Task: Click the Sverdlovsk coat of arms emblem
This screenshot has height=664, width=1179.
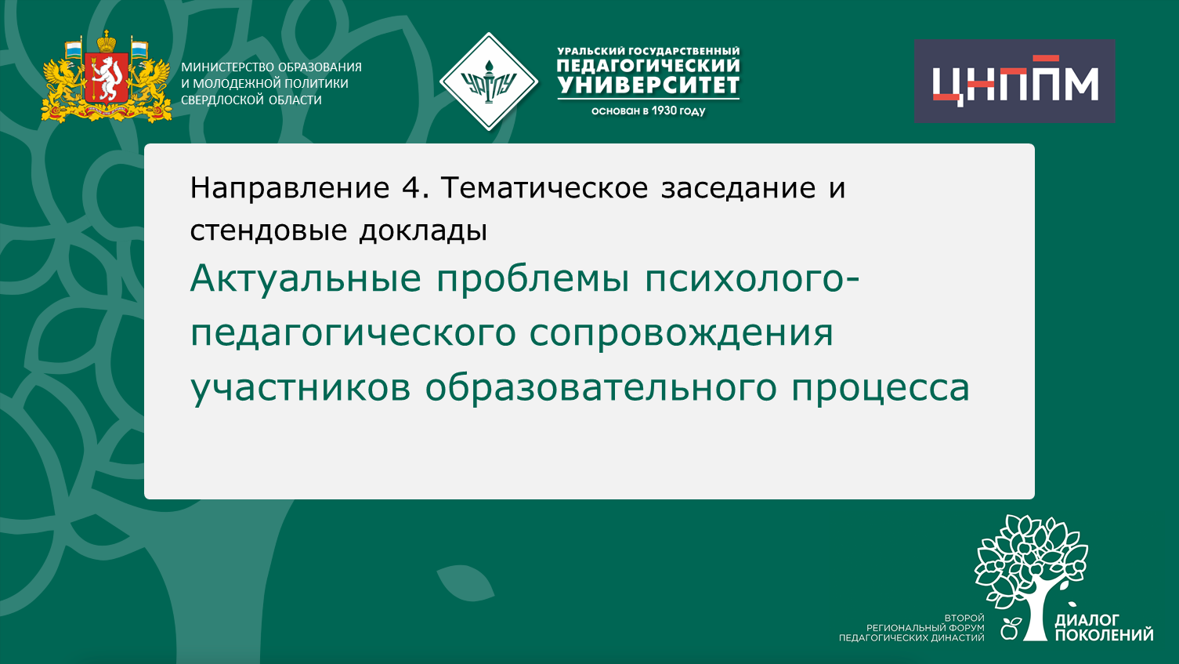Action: tap(107, 78)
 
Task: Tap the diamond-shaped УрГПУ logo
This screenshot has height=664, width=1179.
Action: tap(489, 82)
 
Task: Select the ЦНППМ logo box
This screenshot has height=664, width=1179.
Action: tap(1014, 82)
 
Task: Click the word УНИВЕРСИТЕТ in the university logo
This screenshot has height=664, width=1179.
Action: tap(649, 85)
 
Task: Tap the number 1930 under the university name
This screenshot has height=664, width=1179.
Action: tap(664, 111)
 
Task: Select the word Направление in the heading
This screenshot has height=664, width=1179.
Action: tap(290, 188)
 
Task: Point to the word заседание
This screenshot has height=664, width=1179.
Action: tap(739, 188)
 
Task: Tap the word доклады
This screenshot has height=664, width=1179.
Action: tap(423, 230)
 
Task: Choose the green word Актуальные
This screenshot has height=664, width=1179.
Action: tap(306, 278)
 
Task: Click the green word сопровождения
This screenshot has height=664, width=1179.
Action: tap(681, 332)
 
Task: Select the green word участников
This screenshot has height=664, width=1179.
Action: tap(300, 387)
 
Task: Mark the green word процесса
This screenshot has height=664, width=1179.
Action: tap(881, 387)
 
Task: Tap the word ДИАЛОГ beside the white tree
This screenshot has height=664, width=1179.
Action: tap(1087, 620)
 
